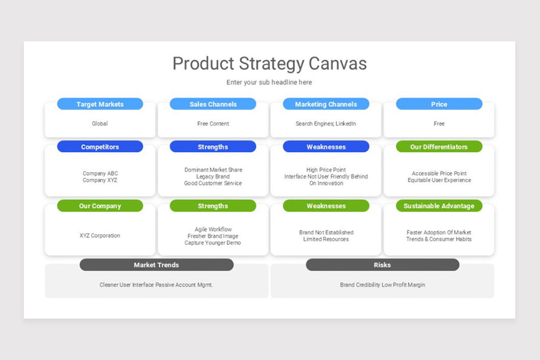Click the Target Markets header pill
[100, 104]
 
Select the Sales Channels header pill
[213, 104]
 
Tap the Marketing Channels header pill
[326, 104]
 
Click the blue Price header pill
[439, 104]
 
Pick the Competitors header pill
[100, 147]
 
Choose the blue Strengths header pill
[213, 147]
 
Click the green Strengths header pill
[213, 206]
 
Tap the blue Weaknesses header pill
[326, 147]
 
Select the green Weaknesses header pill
[326, 206]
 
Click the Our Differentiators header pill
[439, 147]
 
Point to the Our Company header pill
[100, 206]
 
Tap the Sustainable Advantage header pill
[439, 206]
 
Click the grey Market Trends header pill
[156, 265]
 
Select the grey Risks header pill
[382, 265]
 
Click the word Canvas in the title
[337, 63]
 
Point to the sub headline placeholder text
[269, 82]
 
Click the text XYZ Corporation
[100, 235]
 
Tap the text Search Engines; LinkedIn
[326, 123]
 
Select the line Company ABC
[100, 173]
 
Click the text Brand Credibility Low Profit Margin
[382, 285]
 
